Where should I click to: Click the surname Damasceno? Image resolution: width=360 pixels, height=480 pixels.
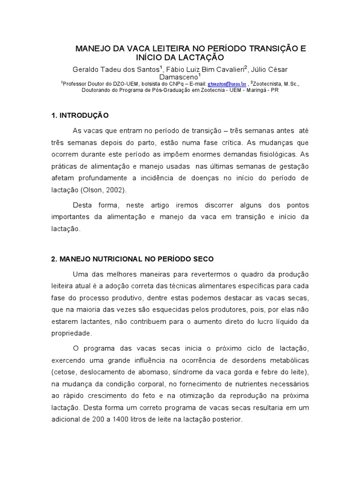[x=179, y=76]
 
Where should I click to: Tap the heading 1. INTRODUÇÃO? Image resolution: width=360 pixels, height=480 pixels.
[x=80, y=115]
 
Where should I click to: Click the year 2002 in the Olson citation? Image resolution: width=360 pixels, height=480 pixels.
[x=114, y=190]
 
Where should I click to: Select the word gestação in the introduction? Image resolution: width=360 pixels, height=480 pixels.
[x=295, y=166]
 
